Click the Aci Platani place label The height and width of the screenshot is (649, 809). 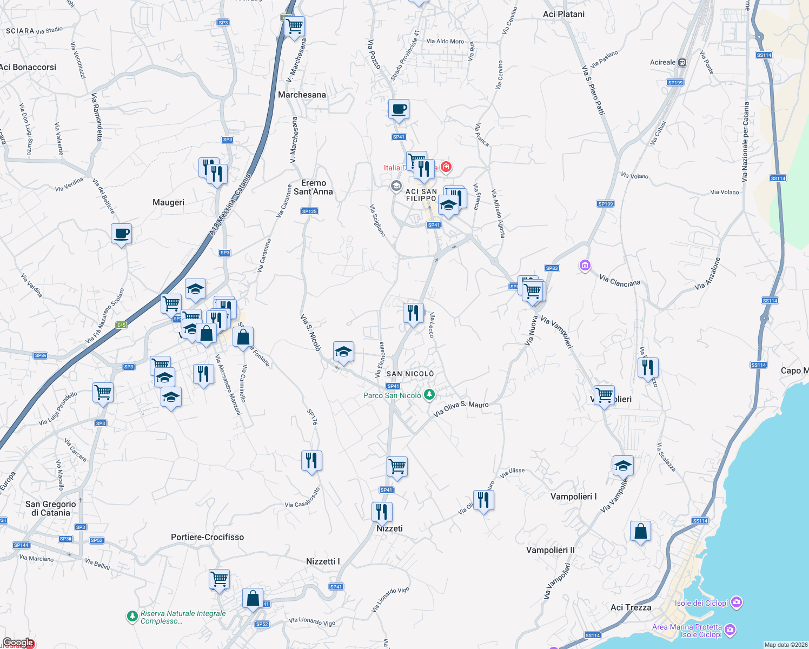[563, 14]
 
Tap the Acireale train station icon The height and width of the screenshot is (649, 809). [682, 62]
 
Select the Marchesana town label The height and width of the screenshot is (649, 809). [302, 95]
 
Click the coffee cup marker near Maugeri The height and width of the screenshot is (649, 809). [122, 234]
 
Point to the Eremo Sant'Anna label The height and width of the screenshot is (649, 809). [314, 187]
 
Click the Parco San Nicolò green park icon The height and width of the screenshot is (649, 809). [429, 395]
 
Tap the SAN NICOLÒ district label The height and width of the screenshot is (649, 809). [410, 374]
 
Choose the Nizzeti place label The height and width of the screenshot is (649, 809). [389, 528]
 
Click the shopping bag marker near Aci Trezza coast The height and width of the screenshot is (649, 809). [640, 532]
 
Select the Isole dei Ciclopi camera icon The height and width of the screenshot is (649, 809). [736, 602]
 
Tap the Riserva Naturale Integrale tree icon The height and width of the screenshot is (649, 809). [132, 617]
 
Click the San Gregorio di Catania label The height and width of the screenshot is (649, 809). [51, 508]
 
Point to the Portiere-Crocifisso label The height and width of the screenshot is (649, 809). [207, 537]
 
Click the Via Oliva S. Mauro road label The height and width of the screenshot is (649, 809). [461, 408]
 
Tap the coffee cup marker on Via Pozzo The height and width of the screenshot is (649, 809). [399, 110]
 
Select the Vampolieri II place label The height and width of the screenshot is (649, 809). [551, 550]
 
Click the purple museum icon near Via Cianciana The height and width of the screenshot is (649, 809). [585, 266]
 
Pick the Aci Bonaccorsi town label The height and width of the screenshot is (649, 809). [28, 67]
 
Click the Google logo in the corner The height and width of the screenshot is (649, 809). [18, 643]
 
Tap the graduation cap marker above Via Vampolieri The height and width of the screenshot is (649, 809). [623, 466]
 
